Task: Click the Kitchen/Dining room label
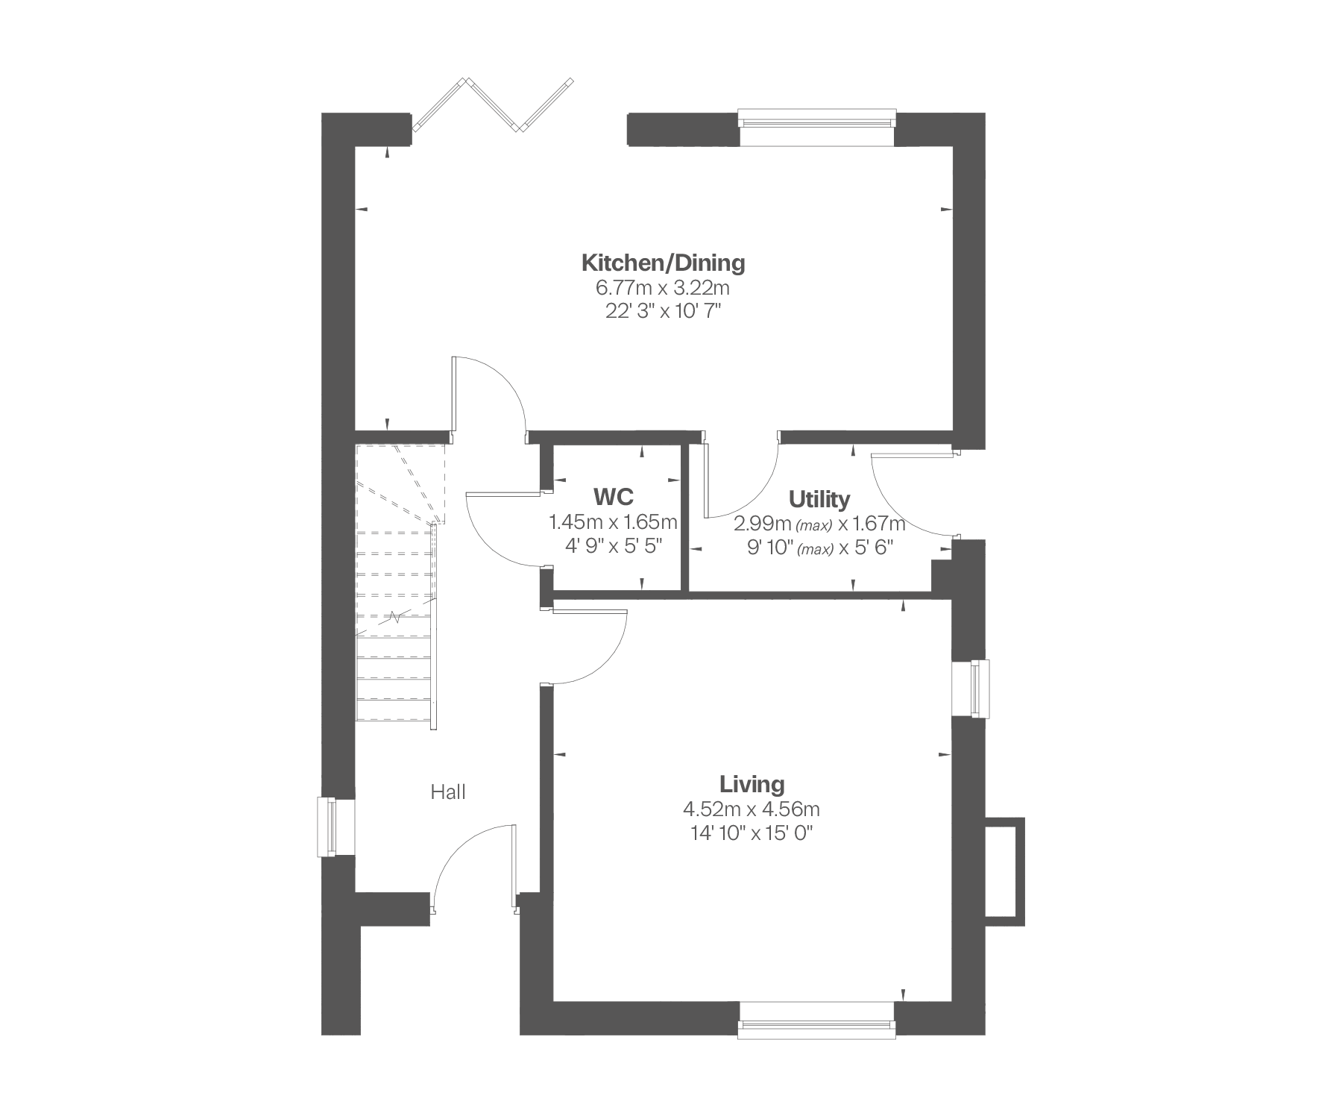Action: [663, 263]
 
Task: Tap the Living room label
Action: [752, 784]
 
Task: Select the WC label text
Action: [614, 496]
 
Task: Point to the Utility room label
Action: [819, 498]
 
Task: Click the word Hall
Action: [448, 792]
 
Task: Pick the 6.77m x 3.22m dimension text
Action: [662, 287]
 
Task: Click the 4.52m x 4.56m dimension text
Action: [752, 809]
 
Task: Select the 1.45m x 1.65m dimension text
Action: [613, 521]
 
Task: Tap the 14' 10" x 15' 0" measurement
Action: [752, 833]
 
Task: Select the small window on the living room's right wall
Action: [972, 689]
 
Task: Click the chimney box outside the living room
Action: [1006, 871]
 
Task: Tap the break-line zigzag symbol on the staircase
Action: [395, 616]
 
